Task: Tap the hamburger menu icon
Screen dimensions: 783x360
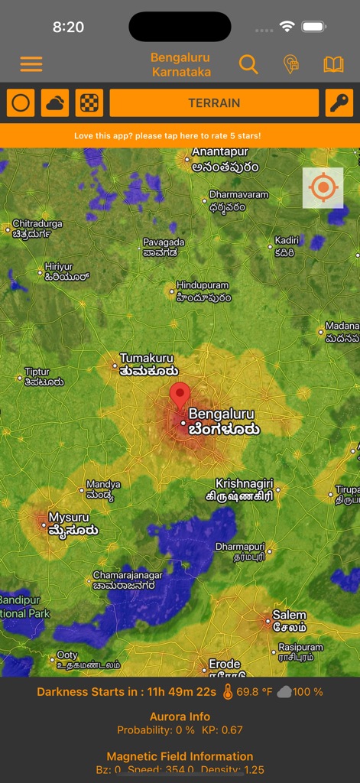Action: tap(31, 64)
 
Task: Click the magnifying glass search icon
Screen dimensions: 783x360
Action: tap(248, 64)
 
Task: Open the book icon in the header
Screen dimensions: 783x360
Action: tap(333, 64)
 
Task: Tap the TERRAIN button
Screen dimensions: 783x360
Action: tap(214, 103)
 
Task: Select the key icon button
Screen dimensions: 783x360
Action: tap(339, 103)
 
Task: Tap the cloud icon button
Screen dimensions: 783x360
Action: tap(55, 103)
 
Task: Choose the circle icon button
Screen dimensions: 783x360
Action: tap(21, 103)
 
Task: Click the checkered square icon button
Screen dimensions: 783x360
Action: tap(89, 103)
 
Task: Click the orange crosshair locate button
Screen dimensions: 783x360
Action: tap(323, 187)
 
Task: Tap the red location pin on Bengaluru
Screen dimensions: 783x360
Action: tap(180, 396)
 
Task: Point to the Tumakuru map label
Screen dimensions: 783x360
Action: tap(146, 364)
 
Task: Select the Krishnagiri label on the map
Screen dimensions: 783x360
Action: tap(243, 489)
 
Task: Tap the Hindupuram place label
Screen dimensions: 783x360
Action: tap(203, 291)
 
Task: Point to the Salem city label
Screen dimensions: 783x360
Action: tap(289, 621)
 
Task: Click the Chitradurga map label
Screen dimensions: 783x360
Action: tap(37, 229)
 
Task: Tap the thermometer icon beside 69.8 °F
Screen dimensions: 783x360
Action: tap(227, 692)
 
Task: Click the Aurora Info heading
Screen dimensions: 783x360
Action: tap(180, 717)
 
